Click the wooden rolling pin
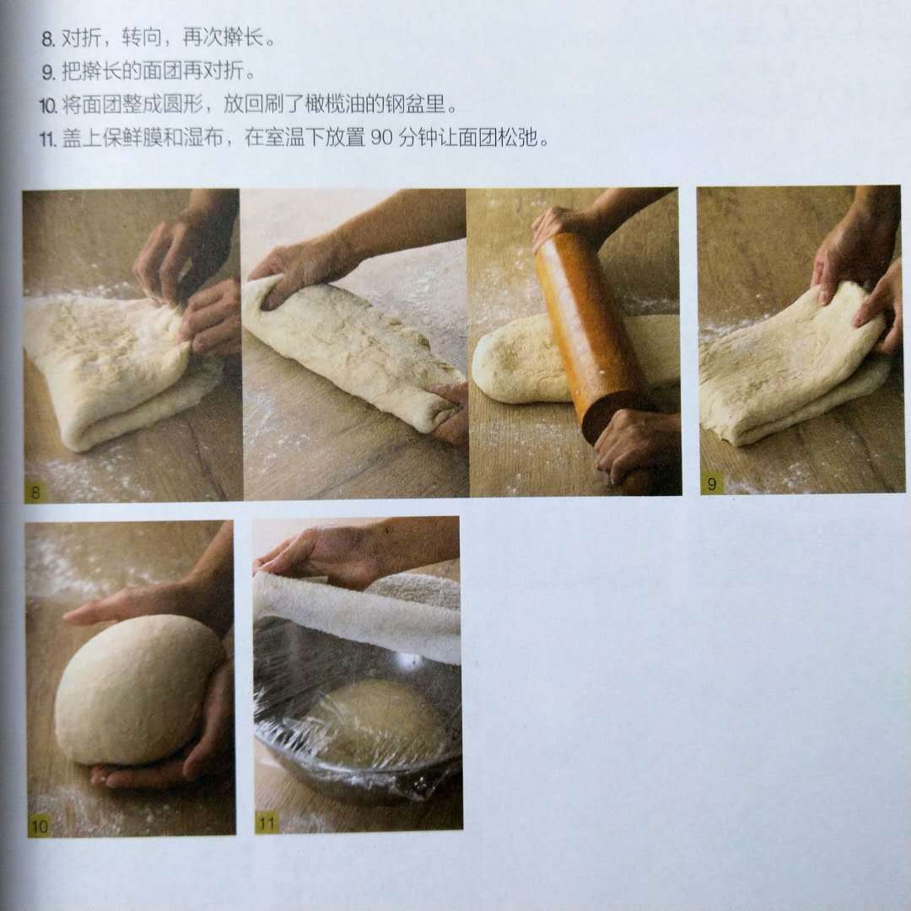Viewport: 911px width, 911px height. click(x=587, y=332)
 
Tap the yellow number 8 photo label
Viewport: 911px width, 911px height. click(x=35, y=493)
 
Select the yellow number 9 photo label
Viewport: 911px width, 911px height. click(x=711, y=483)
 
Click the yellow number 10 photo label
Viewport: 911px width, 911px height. click(x=39, y=826)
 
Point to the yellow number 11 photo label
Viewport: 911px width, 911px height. click(x=267, y=822)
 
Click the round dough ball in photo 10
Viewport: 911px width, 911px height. click(x=138, y=690)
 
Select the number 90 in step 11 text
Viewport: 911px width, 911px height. click(x=382, y=138)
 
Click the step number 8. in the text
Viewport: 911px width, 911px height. click(x=48, y=39)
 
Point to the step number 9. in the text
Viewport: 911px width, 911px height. click(x=48, y=73)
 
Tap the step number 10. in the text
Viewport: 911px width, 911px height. click(x=48, y=105)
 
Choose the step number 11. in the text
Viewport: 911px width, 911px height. click(x=48, y=139)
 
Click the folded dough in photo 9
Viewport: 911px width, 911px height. click(x=793, y=366)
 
